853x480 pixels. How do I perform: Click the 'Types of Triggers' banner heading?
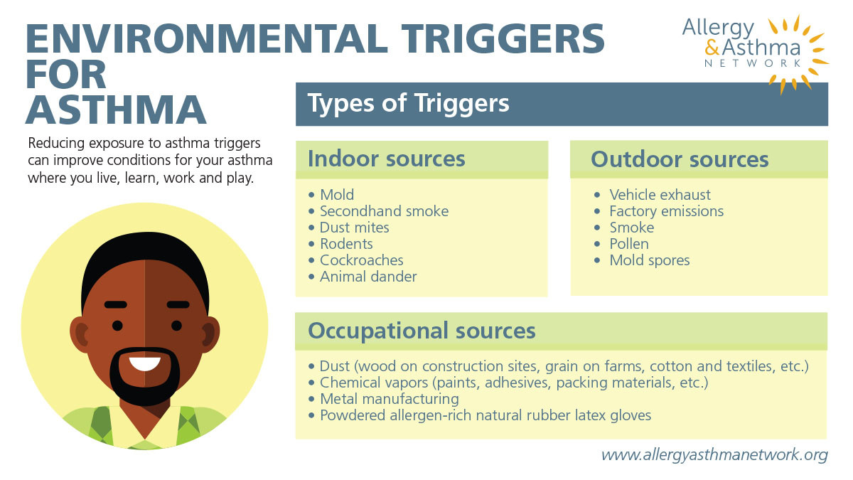409,104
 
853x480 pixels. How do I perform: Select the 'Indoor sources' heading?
386,159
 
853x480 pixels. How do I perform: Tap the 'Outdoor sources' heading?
680,159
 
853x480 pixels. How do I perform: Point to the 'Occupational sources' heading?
421,331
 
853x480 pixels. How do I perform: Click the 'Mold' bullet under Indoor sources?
336,195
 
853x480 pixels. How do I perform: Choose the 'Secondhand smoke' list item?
384,211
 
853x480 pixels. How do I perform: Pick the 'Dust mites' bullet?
354,228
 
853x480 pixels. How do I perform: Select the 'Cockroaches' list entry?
361,260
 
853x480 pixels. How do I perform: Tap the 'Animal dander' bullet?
368,277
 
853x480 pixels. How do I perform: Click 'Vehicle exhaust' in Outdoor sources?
659,195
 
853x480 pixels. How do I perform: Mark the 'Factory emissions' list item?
666,211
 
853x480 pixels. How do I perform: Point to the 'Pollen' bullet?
628,244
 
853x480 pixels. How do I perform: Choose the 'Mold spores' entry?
649,260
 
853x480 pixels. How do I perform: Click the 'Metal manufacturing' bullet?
389,399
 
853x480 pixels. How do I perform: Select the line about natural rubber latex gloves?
485,415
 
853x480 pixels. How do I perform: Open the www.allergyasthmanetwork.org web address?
714,454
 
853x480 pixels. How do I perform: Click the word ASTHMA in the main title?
117,109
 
